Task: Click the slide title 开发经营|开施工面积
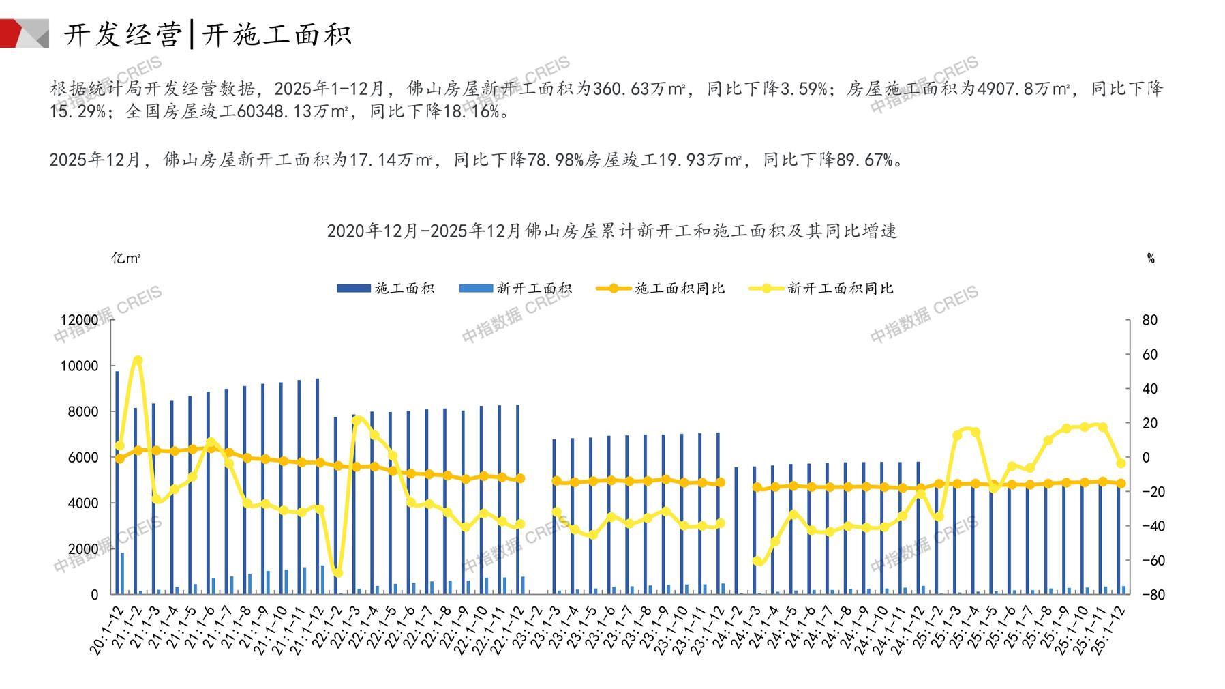pyautogui.click(x=207, y=34)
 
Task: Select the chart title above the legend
pyautogui.click(x=611, y=231)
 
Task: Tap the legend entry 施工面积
pyautogui.click(x=386, y=289)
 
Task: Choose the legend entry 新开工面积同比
pyautogui.click(x=821, y=289)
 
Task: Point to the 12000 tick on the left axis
pyautogui.click(x=79, y=320)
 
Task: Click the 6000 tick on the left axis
pyautogui.click(x=84, y=457)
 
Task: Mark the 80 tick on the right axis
pyautogui.click(x=1149, y=320)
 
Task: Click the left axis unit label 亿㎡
pyautogui.click(x=126, y=259)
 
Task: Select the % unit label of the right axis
pyautogui.click(x=1151, y=259)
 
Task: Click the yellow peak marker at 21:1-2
pyautogui.click(x=138, y=360)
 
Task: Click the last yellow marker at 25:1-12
pyautogui.click(x=1121, y=463)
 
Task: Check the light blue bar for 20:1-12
pyautogui.click(x=123, y=573)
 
